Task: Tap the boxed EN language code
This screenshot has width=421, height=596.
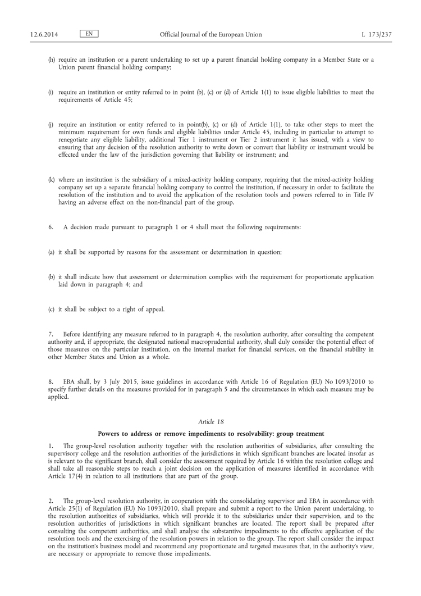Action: tap(89, 34)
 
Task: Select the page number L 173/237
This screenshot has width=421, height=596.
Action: tap(376, 34)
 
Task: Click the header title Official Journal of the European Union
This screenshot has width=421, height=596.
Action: tap(210, 34)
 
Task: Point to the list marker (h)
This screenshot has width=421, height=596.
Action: tap(52, 60)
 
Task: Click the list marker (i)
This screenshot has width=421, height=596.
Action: tap(51, 92)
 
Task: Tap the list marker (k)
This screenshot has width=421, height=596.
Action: tap(52, 179)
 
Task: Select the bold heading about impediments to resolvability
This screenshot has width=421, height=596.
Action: tap(210, 433)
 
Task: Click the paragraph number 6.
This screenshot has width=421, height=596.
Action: tap(51, 227)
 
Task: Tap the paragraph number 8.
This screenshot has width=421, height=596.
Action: tap(51, 381)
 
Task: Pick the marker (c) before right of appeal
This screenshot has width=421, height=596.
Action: tap(51, 308)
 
